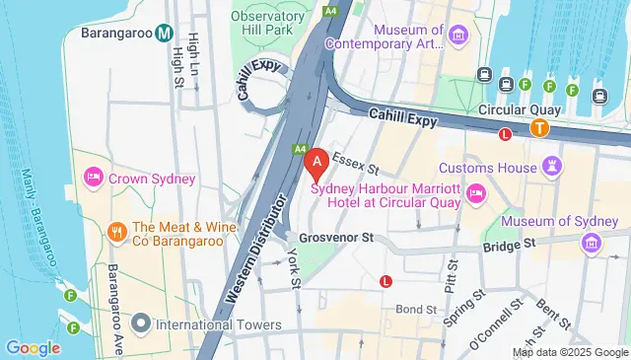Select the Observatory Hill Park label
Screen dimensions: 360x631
pos(267,25)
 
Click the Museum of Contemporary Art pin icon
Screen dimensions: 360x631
pos(456,36)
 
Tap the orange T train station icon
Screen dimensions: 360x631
pos(539,126)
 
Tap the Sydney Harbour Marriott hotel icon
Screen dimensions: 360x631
pos(476,190)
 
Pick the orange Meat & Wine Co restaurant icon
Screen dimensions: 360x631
pos(115,232)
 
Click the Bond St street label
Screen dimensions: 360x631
pos(416,309)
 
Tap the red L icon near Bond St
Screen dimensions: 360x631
pos(386,281)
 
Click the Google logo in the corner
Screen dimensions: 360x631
pos(33,347)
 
